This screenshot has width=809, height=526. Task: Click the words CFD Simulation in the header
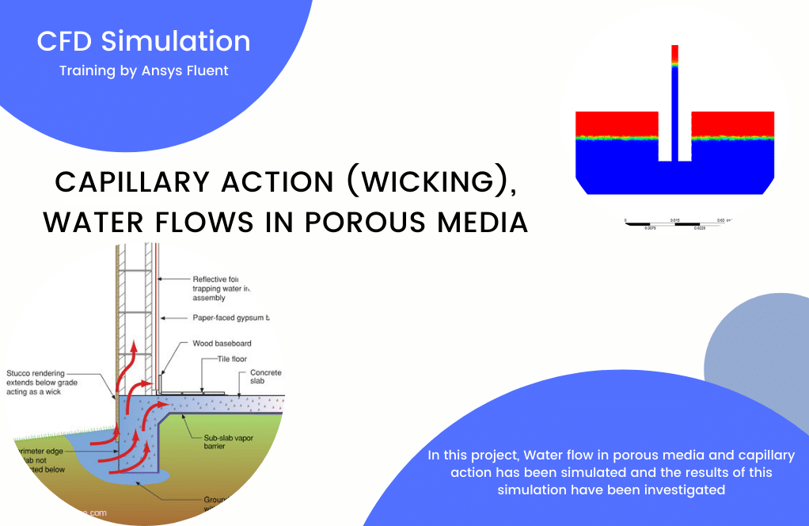point(143,41)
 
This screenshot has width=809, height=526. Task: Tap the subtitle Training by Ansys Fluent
point(143,71)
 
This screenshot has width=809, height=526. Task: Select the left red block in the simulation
point(617,124)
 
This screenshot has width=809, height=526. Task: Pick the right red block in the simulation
point(732,124)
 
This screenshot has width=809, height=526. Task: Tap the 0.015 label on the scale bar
point(674,219)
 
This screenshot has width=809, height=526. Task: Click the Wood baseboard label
point(222,344)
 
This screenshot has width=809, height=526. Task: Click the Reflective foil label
point(220,279)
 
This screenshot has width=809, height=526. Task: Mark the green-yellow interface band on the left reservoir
point(617,138)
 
